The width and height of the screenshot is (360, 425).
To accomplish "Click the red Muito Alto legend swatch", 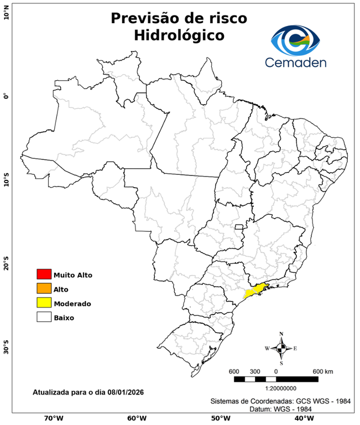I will click(x=44, y=274).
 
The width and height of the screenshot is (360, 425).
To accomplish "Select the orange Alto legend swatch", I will click(x=44, y=288).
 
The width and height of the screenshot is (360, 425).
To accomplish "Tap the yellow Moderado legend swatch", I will click(x=44, y=303).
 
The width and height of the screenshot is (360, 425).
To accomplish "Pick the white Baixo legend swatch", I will click(x=44, y=317).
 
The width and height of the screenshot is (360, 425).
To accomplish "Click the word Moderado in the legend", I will click(x=72, y=303).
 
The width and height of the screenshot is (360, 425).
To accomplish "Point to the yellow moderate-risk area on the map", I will click(x=255, y=290).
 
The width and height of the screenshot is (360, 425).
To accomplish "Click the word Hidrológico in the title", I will click(x=179, y=35).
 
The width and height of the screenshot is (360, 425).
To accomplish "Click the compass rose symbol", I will click(x=281, y=348).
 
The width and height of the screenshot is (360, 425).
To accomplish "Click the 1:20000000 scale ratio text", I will click(x=276, y=388).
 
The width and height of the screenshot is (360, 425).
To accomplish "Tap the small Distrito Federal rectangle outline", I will click(x=239, y=227).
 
